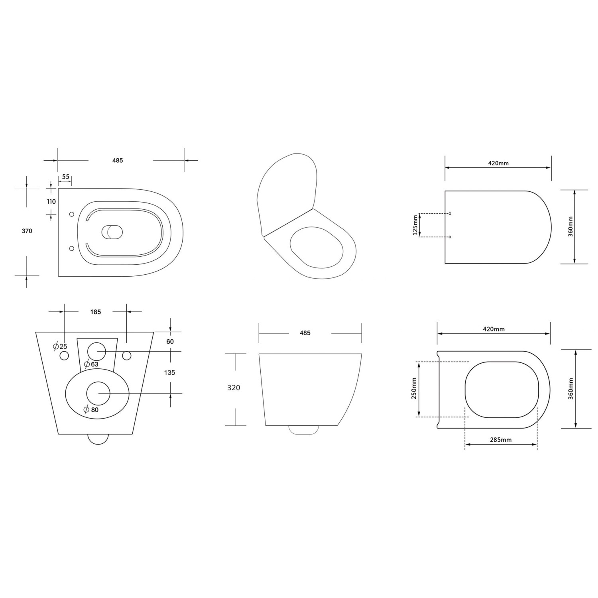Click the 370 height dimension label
(27, 231)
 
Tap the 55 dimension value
(65, 177)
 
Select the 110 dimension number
(51, 202)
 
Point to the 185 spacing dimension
(95, 312)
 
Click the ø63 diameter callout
(91, 364)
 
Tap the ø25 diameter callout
(60, 346)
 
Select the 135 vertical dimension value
(169, 373)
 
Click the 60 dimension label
(170, 342)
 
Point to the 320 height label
(234, 388)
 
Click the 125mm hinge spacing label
(415, 225)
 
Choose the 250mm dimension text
(414, 389)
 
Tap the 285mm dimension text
(500, 440)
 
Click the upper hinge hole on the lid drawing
(450, 214)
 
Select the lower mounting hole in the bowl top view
(72, 248)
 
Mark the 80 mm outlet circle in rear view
(98, 393)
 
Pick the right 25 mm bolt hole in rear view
(127, 355)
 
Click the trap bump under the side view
(304, 430)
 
